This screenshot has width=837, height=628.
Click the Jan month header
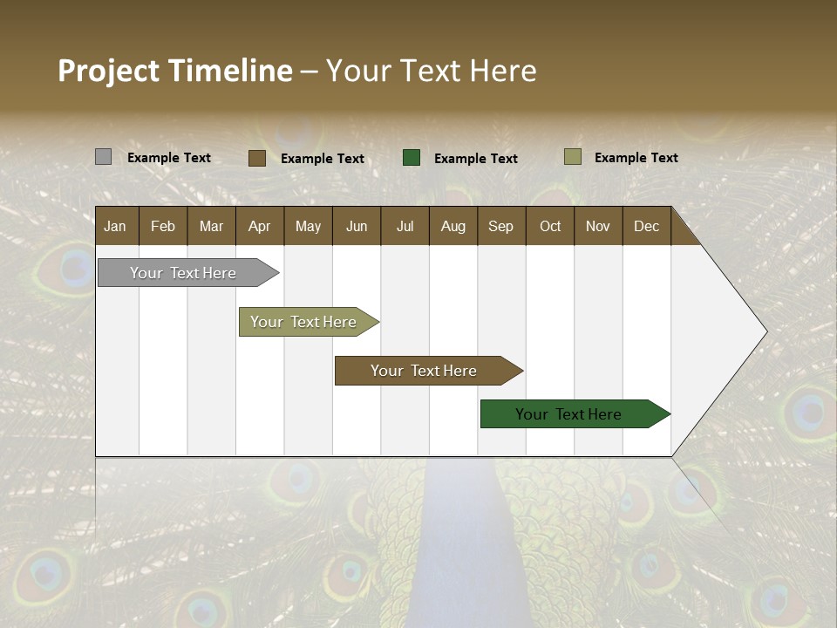[116, 226]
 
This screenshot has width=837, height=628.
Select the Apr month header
[260, 226]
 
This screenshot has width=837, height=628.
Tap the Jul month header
[405, 226]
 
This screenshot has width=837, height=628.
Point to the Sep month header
[500, 226]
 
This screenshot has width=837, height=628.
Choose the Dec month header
[646, 226]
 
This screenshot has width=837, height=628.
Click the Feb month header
[163, 226]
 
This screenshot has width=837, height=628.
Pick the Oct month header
[550, 226]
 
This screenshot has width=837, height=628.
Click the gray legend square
[104, 157]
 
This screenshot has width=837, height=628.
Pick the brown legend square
[257, 158]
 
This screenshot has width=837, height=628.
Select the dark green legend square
[412, 158]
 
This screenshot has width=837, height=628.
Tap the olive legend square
[573, 157]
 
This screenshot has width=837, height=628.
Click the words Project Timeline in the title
[175, 71]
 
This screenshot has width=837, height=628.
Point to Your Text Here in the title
[431, 71]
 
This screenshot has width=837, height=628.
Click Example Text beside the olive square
[636, 158]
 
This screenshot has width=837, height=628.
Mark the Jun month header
[357, 226]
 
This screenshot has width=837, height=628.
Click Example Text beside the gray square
[169, 158]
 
